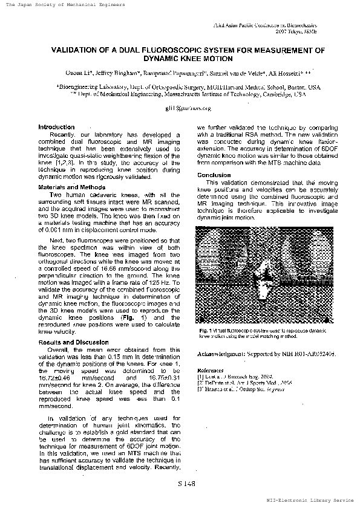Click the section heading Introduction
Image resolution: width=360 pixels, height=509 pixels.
[x=56, y=128]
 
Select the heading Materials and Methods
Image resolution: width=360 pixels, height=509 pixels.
[x=64, y=187]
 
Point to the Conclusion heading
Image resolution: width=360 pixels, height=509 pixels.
[x=214, y=175]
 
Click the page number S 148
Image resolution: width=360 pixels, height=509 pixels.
[x=186, y=484]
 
